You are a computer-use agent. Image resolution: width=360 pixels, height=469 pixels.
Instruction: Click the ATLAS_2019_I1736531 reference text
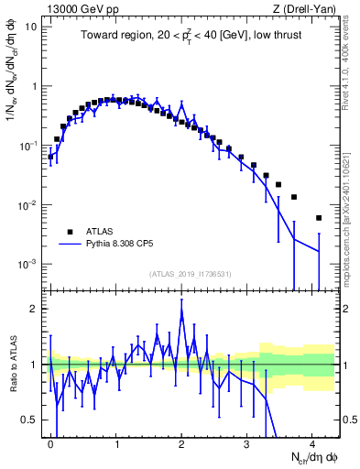[190, 274]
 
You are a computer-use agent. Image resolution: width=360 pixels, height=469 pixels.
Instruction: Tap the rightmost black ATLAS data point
[319, 218]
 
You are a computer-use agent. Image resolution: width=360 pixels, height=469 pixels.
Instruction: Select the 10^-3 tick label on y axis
[27, 264]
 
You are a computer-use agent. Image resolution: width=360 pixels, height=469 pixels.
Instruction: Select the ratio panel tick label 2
[33, 309]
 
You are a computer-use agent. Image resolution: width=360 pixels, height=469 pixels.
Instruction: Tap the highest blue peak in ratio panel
[182, 316]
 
